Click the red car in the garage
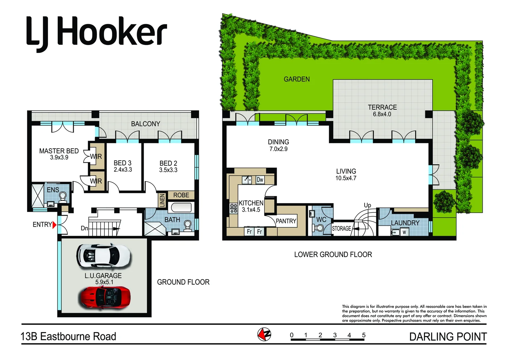coord(104,297)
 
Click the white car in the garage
coord(103,256)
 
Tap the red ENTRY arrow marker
coord(54,225)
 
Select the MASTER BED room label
coord(59,151)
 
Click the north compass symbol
coord(264,334)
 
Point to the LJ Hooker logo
coord(96,33)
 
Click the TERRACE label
coord(382,107)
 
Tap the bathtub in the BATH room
coord(181,207)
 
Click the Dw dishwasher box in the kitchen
coord(260,180)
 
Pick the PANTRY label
coord(286,221)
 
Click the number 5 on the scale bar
coord(364,335)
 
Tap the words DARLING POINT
coord(448,337)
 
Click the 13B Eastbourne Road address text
coord(68,337)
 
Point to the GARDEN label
coord(297,79)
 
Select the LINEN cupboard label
coord(162,200)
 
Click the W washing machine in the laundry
coord(404,232)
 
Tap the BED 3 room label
coord(122,163)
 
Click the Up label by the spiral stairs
coord(367,205)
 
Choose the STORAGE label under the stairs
coord(341,229)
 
